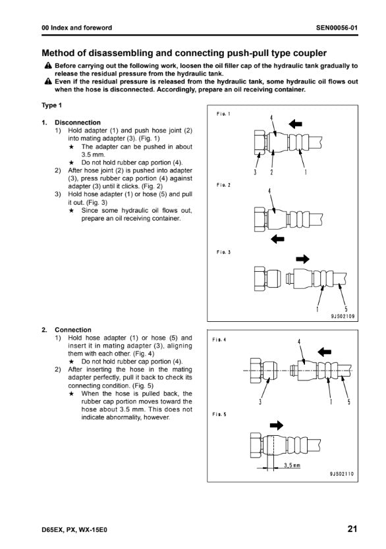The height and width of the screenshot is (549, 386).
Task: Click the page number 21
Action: point(352,529)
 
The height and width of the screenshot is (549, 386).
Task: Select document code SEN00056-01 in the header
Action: point(337,28)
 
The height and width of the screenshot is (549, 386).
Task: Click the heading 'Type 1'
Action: point(52,105)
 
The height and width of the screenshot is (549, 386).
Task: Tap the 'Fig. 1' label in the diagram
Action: point(223,114)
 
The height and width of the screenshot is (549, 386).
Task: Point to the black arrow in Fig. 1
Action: point(295,123)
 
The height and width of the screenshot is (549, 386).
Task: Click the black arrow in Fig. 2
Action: point(277,239)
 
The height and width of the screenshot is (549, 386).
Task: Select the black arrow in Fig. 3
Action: point(302,259)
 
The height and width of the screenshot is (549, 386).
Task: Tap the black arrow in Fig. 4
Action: point(324,352)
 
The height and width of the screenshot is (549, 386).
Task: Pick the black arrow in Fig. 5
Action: point(277,425)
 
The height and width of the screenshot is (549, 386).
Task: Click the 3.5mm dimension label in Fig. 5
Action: point(292,465)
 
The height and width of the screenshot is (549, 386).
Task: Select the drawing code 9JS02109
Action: point(343,316)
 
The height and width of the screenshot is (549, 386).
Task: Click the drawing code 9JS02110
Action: point(342,474)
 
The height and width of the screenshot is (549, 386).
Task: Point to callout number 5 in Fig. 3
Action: point(346,309)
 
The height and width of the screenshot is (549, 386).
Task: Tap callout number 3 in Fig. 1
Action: point(255,172)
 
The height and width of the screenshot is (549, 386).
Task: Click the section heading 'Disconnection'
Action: point(78,122)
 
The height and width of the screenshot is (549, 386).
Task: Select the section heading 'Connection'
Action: point(73,330)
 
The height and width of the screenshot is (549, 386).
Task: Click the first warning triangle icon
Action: point(48,65)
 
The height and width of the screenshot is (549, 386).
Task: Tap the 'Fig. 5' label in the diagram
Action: point(219,414)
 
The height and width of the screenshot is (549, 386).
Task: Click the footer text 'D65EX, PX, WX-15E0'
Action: point(74,530)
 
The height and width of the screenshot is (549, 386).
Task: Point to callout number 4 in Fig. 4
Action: point(299,342)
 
